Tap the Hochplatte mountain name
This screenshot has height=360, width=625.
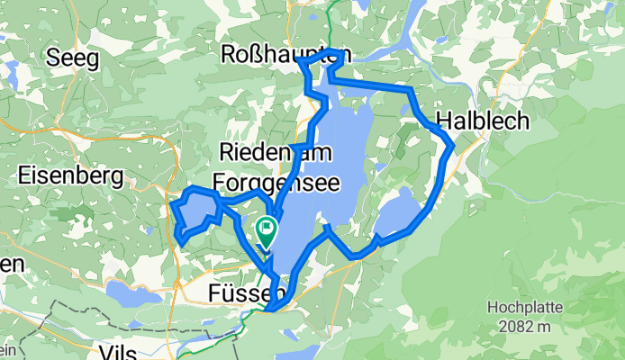tap(526, 308)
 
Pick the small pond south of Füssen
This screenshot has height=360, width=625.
tap(306, 350)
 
